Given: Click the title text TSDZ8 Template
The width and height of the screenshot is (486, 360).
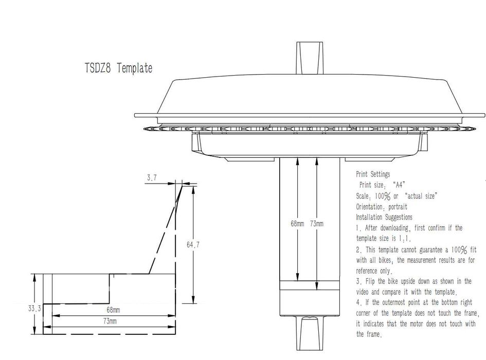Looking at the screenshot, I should tap(118, 68).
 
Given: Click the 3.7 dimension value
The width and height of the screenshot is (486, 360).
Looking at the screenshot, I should tap(152, 177).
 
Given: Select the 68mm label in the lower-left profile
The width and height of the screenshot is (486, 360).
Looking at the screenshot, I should tap(113, 310).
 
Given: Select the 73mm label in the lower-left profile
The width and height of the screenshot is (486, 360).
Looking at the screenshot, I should tap(110, 321).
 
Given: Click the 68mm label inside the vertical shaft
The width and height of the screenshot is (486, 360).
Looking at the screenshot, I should tap(298, 224).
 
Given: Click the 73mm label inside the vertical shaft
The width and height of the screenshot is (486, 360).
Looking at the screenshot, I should tap(317, 224).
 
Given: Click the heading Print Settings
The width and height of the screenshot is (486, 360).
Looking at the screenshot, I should tap(373, 174).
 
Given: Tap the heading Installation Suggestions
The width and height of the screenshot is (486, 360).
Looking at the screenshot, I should tap(384, 217).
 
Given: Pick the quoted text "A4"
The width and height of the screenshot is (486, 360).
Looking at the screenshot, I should tap(401, 185).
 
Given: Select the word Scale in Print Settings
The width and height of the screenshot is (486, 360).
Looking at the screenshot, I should tap(363, 196).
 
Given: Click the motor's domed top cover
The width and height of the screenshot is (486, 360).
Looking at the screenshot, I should tap(309, 95).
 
